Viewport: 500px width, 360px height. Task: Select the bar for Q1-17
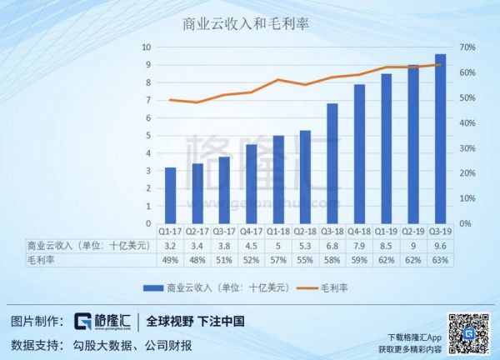pyautogui.click(x=170, y=196)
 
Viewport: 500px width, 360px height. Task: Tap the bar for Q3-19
pyautogui.click(x=440, y=139)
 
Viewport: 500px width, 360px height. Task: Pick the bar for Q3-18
pyautogui.click(x=332, y=164)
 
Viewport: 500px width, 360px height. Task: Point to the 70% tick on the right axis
pyautogui.click(x=467, y=47)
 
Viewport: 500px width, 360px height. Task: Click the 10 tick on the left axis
pyautogui.click(x=147, y=47)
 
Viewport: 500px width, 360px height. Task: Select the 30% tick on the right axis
pyautogui.click(x=467, y=148)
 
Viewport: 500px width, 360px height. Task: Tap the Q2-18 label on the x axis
pyautogui.click(x=305, y=232)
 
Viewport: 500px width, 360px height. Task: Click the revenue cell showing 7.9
pyautogui.click(x=359, y=246)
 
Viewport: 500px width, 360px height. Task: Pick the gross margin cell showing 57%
pyautogui.click(x=278, y=260)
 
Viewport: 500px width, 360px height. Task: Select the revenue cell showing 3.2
pyautogui.click(x=170, y=246)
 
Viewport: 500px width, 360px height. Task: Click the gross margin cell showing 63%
pyautogui.click(x=440, y=260)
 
